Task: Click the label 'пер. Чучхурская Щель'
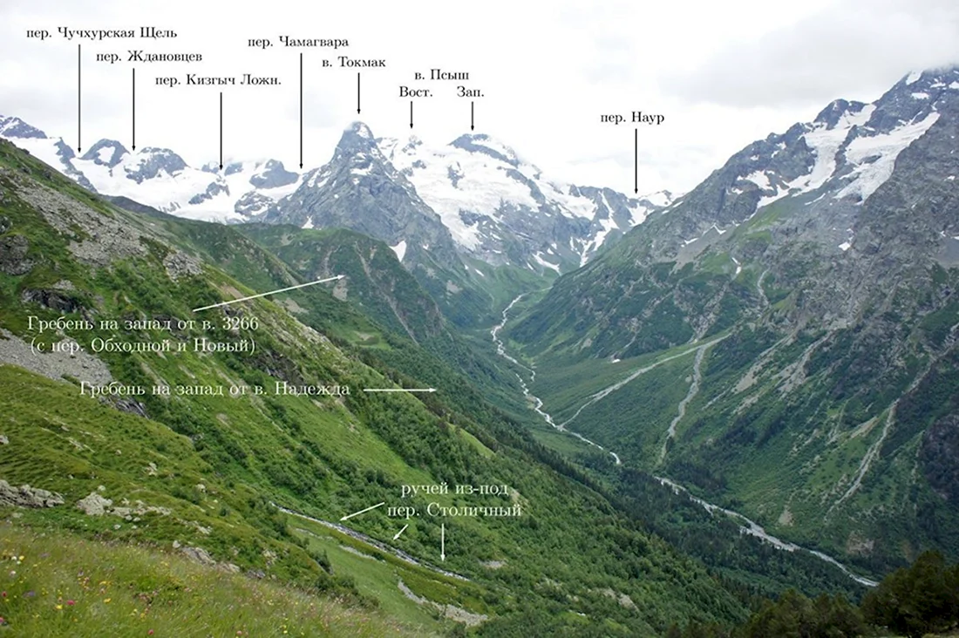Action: pos(101,33)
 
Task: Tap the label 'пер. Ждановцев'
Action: pos(149,57)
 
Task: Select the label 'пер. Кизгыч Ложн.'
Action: pos(218,81)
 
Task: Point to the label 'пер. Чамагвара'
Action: pos(298,42)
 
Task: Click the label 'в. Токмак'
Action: pos(354,63)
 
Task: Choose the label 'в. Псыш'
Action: pos(442,75)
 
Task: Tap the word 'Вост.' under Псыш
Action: pos(416,92)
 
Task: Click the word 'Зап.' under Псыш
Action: pos(470,92)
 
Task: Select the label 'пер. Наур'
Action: pos(632,118)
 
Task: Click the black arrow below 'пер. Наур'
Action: pos(636,161)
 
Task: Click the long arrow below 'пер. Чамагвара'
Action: pos(301,110)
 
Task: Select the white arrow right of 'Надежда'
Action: pos(400,390)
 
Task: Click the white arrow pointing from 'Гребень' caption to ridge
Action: pos(269,293)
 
